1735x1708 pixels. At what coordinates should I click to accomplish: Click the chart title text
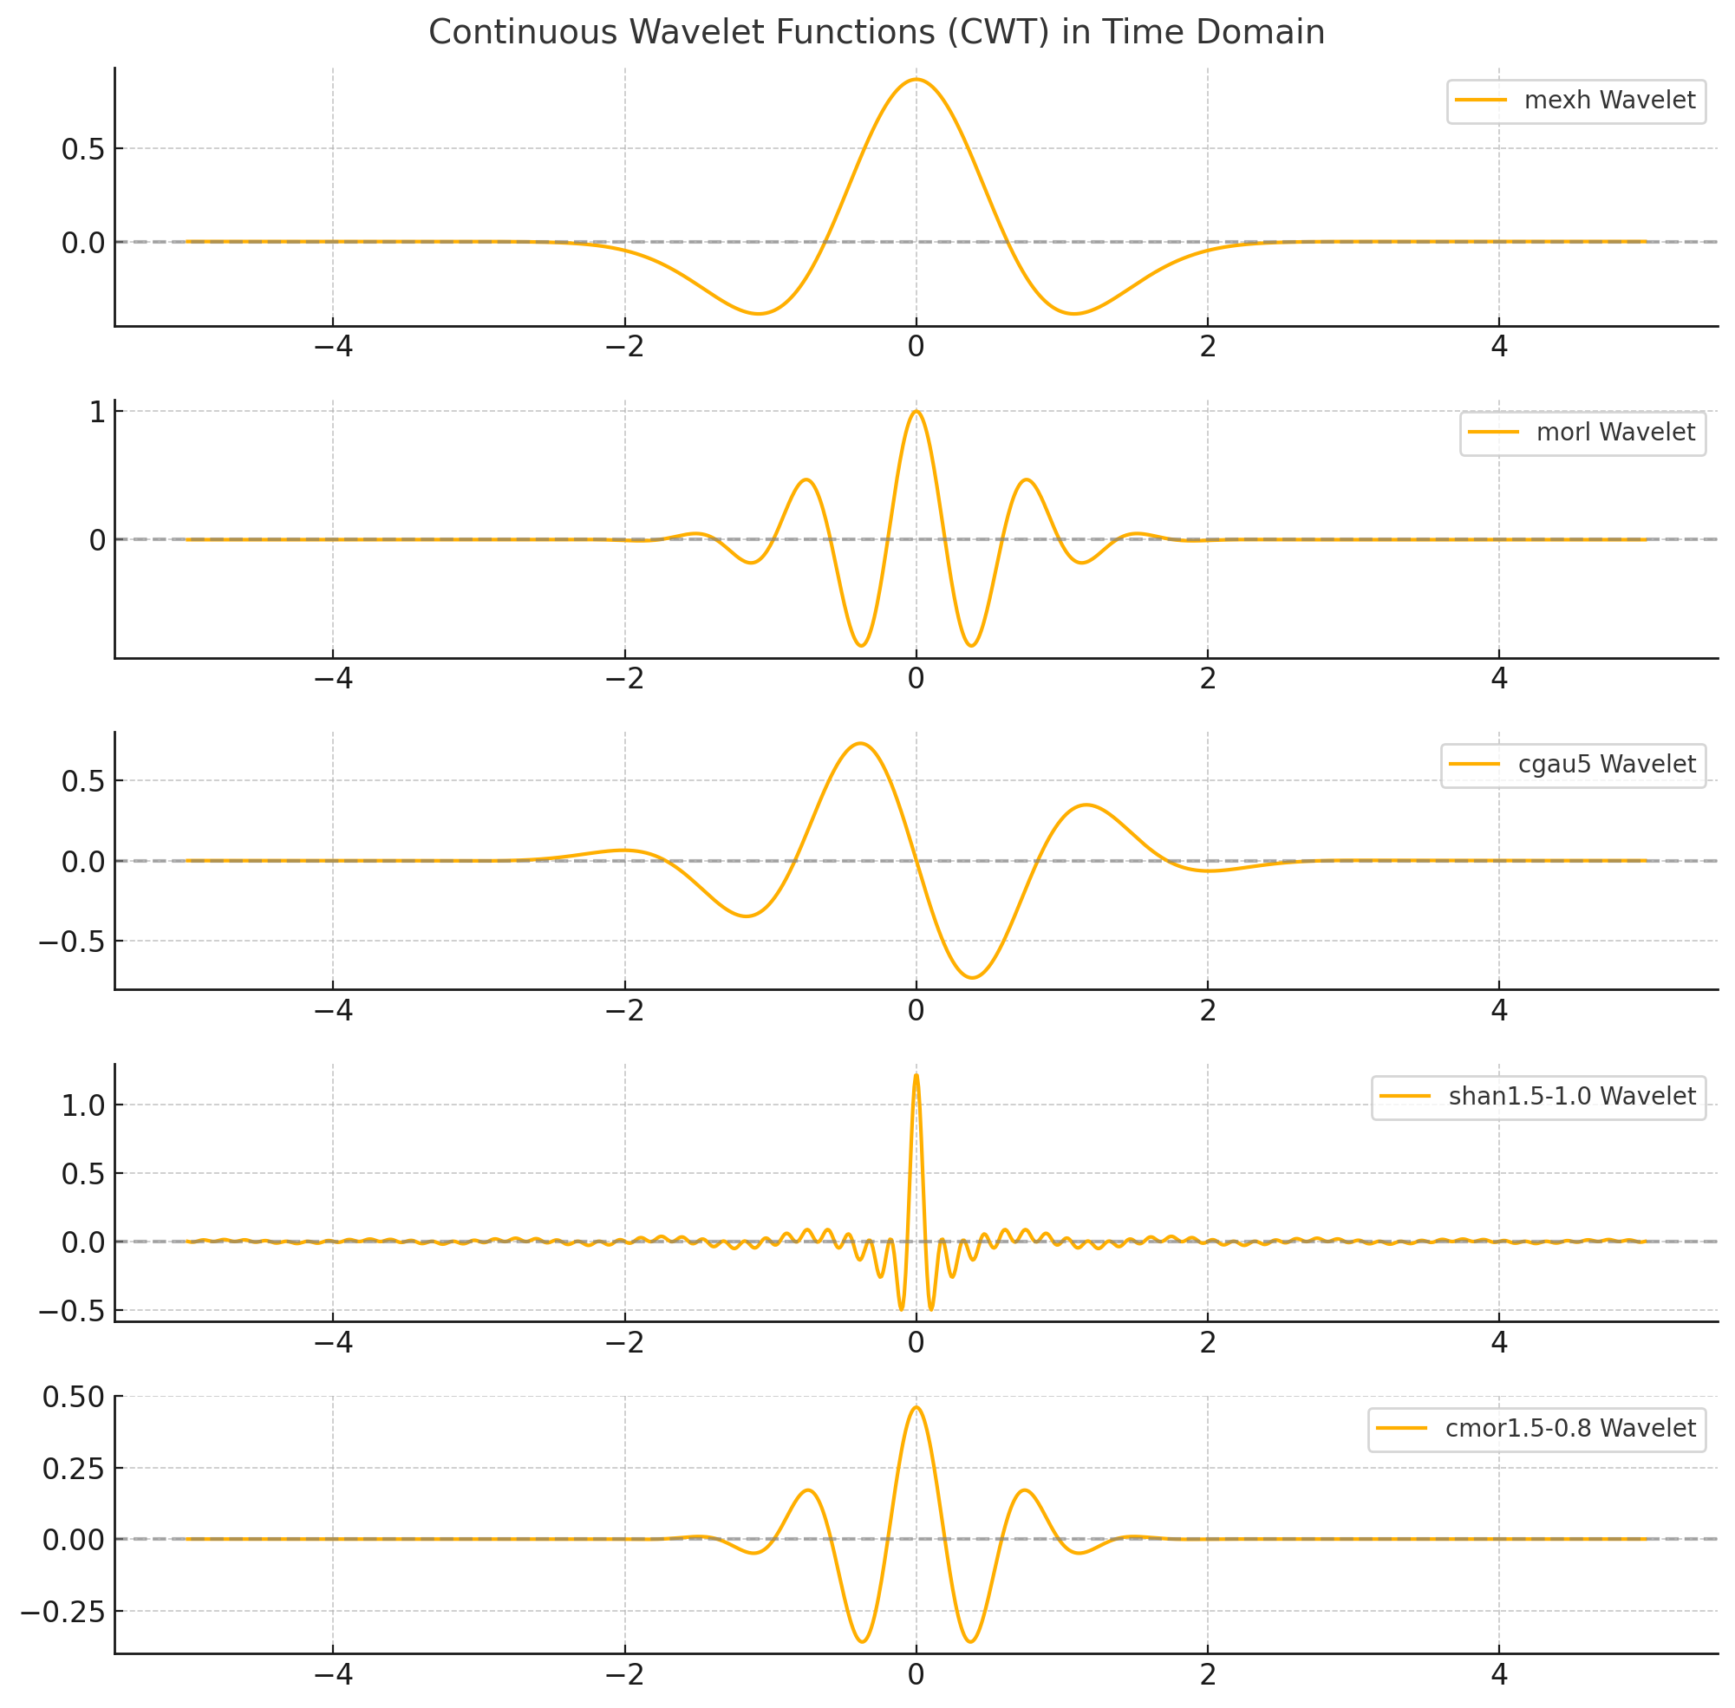pyautogui.click(x=876, y=32)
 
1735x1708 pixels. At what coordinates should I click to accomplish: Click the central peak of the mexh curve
pyautogui.click(x=915, y=80)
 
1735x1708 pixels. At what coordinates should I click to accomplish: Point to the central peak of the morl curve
pyautogui.click(x=915, y=412)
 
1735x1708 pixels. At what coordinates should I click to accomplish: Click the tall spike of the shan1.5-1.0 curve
pyautogui.click(x=915, y=1075)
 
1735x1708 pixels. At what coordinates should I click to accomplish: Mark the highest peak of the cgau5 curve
pyautogui.click(x=860, y=744)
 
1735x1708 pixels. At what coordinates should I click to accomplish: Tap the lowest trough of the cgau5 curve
pyautogui.click(x=972, y=978)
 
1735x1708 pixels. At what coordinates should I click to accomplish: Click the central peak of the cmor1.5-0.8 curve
pyautogui.click(x=915, y=1406)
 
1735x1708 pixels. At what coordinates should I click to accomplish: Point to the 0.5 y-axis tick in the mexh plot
pyautogui.click(x=82, y=150)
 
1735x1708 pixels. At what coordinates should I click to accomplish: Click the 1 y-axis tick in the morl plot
pyautogui.click(x=97, y=413)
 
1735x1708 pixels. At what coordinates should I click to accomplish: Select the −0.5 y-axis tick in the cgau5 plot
pyautogui.click(x=71, y=942)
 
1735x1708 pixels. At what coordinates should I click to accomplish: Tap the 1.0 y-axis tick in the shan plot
pyautogui.click(x=82, y=1106)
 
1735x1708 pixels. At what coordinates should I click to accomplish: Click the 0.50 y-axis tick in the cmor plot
pyautogui.click(x=74, y=1397)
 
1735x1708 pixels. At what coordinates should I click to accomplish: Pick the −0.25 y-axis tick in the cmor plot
pyautogui.click(x=62, y=1612)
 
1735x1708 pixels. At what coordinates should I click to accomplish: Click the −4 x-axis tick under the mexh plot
pyautogui.click(x=333, y=346)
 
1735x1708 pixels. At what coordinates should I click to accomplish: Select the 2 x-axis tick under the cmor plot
pyautogui.click(x=1208, y=1674)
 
